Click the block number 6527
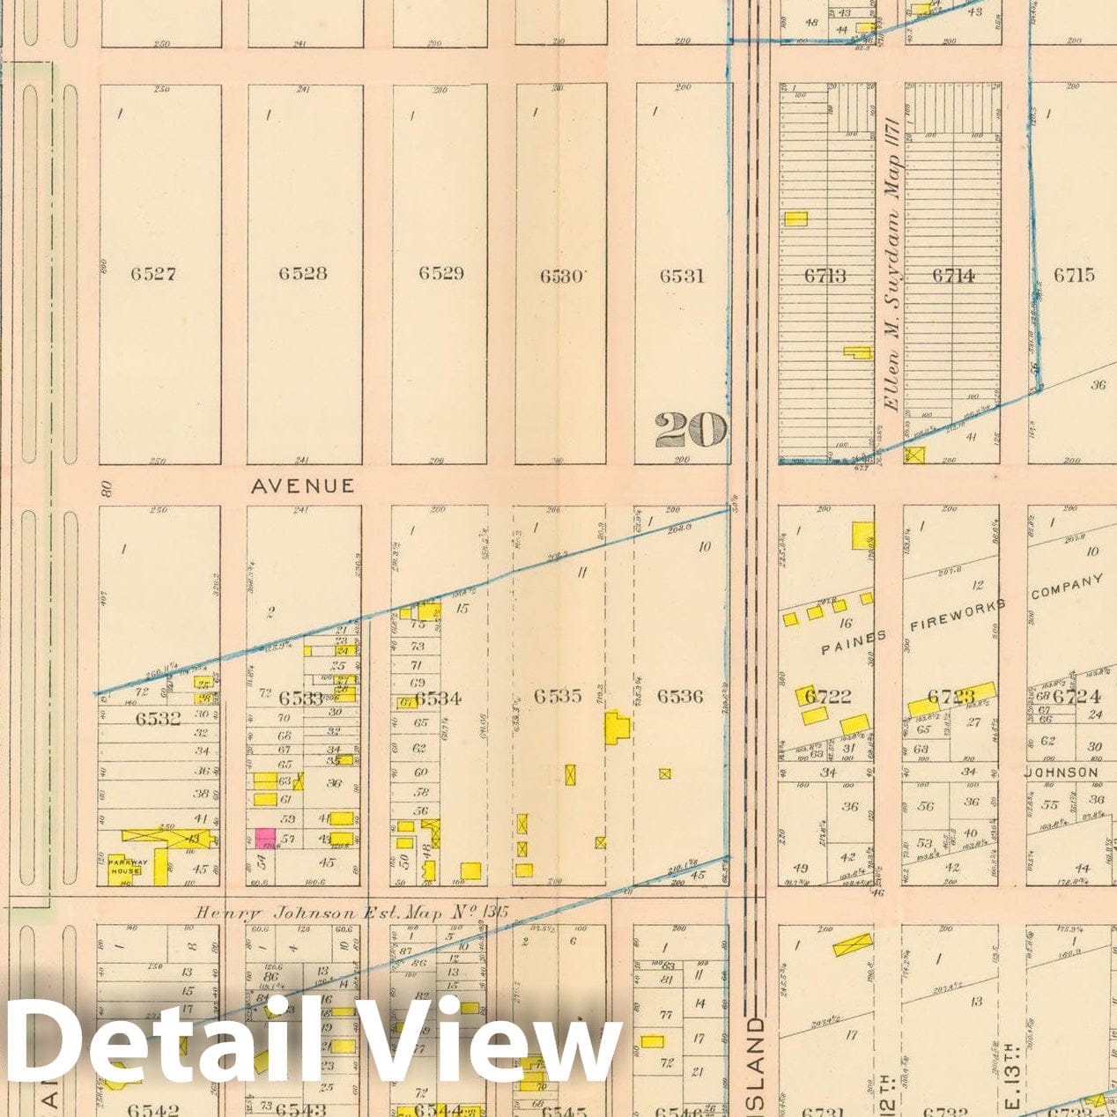pos(153,274)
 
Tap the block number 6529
pos(440,273)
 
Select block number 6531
pos(682,276)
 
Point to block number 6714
pos(953,276)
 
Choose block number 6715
pos(1074,275)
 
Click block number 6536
pos(680,696)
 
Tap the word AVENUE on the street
pos(303,485)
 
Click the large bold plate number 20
pos(691,430)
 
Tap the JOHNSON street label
pos(1062,773)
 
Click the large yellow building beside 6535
pos(617,729)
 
